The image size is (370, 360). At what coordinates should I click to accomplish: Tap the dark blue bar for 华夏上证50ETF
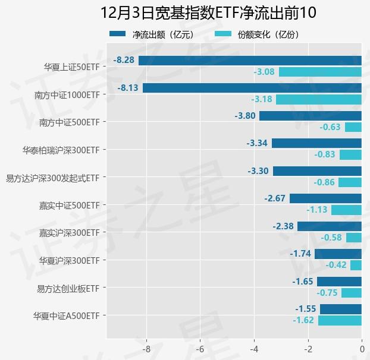[x=250, y=60]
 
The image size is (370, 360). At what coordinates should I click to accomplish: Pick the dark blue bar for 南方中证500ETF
[x=311, y=116]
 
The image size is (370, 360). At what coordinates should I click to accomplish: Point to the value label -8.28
[x=124, y=60]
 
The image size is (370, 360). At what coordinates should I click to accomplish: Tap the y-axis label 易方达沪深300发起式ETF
[x=52, y=178]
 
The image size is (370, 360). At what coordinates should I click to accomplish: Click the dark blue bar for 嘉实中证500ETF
[x=325, y=198]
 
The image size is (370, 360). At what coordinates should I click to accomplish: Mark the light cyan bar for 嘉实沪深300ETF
[x=354, y=238]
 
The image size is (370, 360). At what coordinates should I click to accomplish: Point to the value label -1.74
[x=301, y=254]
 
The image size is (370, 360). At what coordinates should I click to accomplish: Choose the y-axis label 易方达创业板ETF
[x=68, y=288]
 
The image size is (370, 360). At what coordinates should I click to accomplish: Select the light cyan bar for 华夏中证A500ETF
[x=340, y=320]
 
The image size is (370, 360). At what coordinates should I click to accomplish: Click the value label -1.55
[x=306, y=309]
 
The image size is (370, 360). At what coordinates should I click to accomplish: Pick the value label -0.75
[x=327, y=293]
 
